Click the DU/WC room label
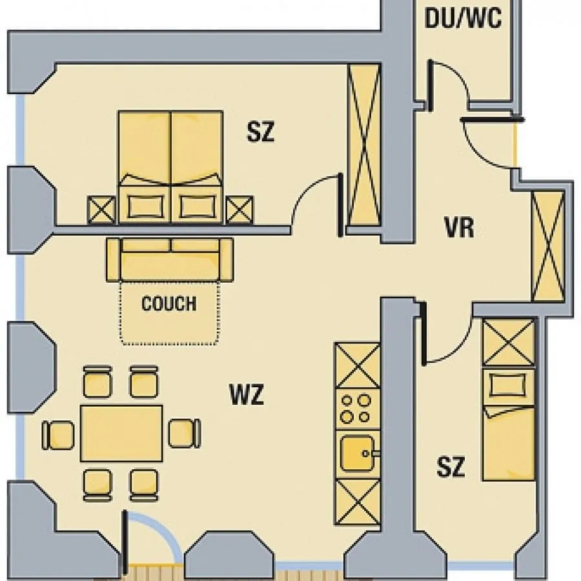point(463,18)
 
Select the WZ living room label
point(247,394)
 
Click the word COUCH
point(169,303)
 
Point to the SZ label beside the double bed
point(261,132)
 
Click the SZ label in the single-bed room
point(451,467)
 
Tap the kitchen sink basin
point(356,453)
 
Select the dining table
point(121,433)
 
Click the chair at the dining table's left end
point(58,435)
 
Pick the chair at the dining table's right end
point(185,434)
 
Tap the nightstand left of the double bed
point(101,210)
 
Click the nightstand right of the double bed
point(240,210)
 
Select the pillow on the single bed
point(508,385)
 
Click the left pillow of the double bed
point(146,207)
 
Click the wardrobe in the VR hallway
point(548,246)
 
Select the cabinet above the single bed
point(509,342)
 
